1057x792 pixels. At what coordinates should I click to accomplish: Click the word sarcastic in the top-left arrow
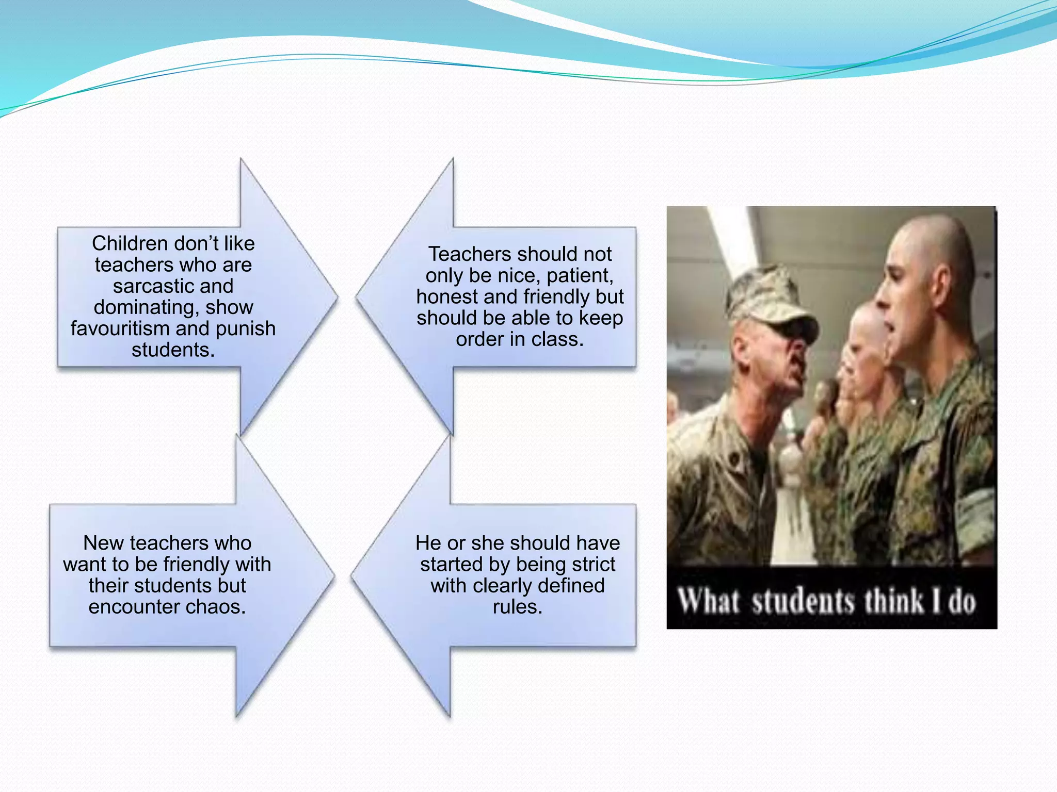click(x=147, y=286)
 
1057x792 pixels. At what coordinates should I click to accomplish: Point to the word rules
click(x=517, y=607)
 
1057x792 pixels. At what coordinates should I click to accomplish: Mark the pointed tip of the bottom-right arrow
click(x=352, y=576)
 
